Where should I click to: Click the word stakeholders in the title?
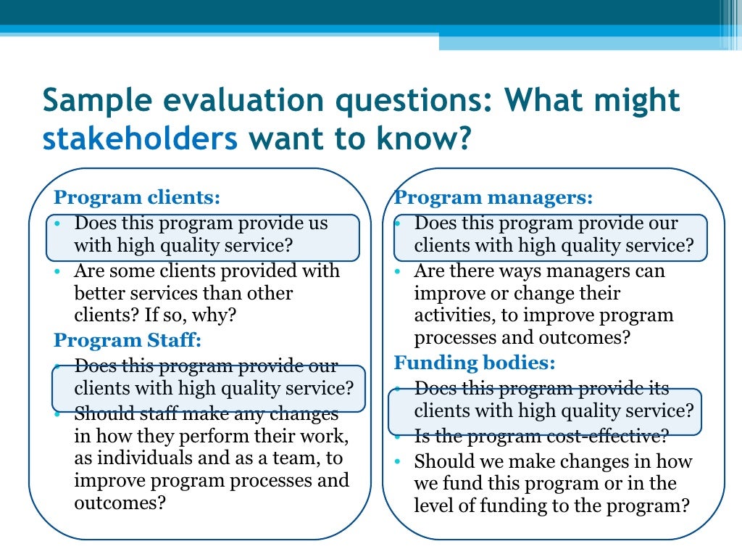140,138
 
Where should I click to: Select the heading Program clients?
137,197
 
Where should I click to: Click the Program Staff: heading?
128,340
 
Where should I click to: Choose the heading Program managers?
493,197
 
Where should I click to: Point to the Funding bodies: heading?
475,363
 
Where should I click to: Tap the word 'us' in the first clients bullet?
317,223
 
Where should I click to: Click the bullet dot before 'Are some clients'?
58,271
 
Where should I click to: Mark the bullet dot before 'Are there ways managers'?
398,271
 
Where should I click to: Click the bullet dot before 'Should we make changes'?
398,462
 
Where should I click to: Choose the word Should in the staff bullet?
100,414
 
